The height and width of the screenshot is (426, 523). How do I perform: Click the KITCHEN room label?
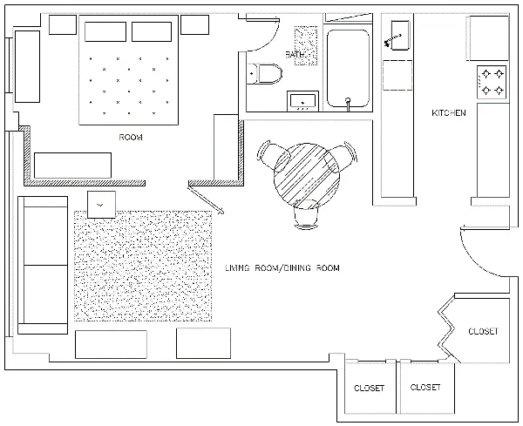449,113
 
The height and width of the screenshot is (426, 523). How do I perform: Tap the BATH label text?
295,54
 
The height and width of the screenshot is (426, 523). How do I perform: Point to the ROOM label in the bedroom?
131,138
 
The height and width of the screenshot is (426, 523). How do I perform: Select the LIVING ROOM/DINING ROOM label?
282,268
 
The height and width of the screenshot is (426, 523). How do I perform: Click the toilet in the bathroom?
265,73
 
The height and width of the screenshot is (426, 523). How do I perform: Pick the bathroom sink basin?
302,101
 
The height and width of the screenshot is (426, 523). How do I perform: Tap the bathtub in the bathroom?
348,68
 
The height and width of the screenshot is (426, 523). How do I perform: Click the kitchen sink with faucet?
400,36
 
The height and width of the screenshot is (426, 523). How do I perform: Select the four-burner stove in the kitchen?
492,82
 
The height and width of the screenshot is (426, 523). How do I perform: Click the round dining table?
307,176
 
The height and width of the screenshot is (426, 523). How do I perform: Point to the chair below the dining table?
306,215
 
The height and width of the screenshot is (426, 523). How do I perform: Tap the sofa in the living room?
43,265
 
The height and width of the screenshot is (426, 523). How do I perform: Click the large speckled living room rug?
143,266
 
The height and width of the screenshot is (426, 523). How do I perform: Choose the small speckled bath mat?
306,45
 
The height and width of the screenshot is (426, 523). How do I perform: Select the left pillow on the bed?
105,31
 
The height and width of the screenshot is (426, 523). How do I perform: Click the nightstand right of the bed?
194,24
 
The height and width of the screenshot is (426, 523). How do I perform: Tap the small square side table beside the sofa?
101,205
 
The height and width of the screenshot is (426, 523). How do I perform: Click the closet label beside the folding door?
483,331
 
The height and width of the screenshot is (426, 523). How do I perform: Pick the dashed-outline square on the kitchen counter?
397,75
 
